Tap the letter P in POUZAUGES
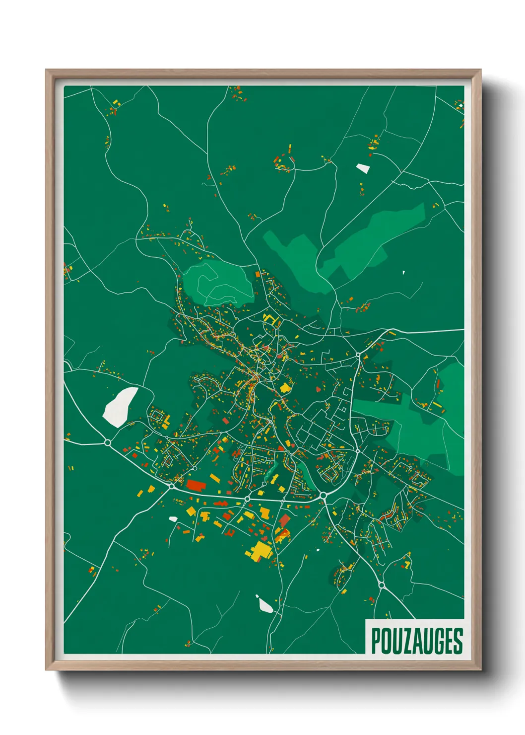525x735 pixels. click(x=376, y=641)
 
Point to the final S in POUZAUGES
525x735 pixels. click(x=458, y=641)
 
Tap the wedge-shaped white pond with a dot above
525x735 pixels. click(x=265, y=605)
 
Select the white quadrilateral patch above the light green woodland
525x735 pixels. click(x=363, y=168)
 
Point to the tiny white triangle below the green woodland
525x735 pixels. click(x=403, y=272)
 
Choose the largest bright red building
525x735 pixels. click(x=196, y=485)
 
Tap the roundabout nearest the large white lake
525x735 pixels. click(x=108, y=442)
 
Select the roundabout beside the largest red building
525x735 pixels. click(x=172, y=486)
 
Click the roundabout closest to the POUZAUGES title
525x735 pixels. click(x=381, y=586)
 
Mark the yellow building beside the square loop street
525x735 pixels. click(x=166, y=420)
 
